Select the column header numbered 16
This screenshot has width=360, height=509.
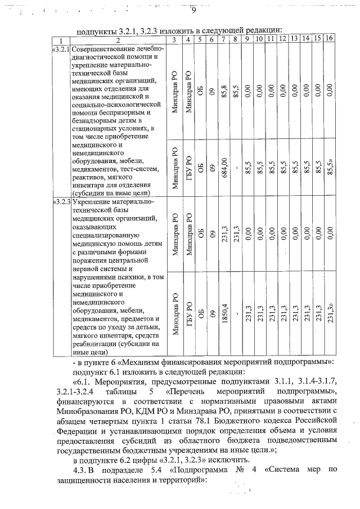coord(330,39)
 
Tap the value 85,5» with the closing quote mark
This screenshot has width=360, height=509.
coord(330,167)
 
